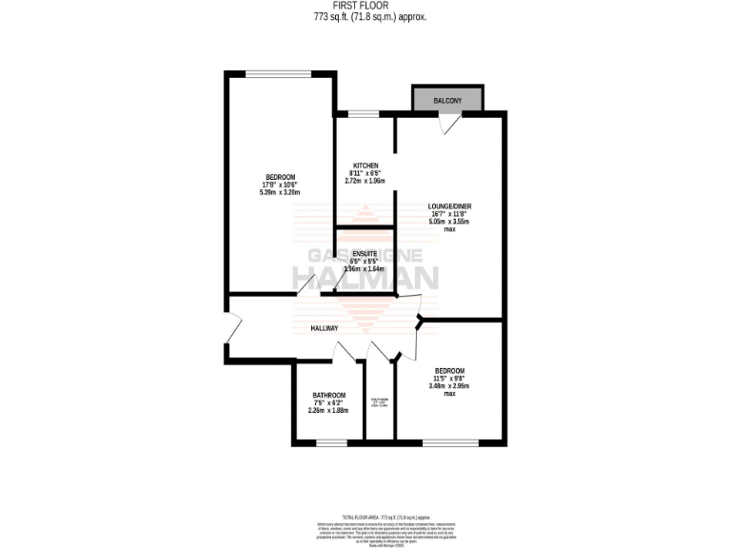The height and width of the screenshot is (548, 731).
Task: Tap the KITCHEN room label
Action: (x=365, y=166)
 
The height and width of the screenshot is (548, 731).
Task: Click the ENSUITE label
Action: (x=365, y=253)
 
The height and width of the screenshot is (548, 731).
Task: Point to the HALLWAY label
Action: (x=325, y=328)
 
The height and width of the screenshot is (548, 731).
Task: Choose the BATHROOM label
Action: (x=328, y=396)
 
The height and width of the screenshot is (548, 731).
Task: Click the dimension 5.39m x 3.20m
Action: (x=280, y=192)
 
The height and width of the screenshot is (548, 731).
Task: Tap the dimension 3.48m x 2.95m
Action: (x=449, y=385)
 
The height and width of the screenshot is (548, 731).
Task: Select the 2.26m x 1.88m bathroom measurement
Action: (x=328, y=410)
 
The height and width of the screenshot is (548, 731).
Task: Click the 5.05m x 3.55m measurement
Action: (x=449, y=222)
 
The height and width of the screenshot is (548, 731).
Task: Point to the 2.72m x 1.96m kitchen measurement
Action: (x=365, y=181)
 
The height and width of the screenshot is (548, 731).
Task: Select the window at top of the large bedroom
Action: (x=279, y=73)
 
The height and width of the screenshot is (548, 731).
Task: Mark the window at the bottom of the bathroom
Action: (x=331, y=442)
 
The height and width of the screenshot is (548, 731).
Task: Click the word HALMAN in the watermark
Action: (x=365, y=278)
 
